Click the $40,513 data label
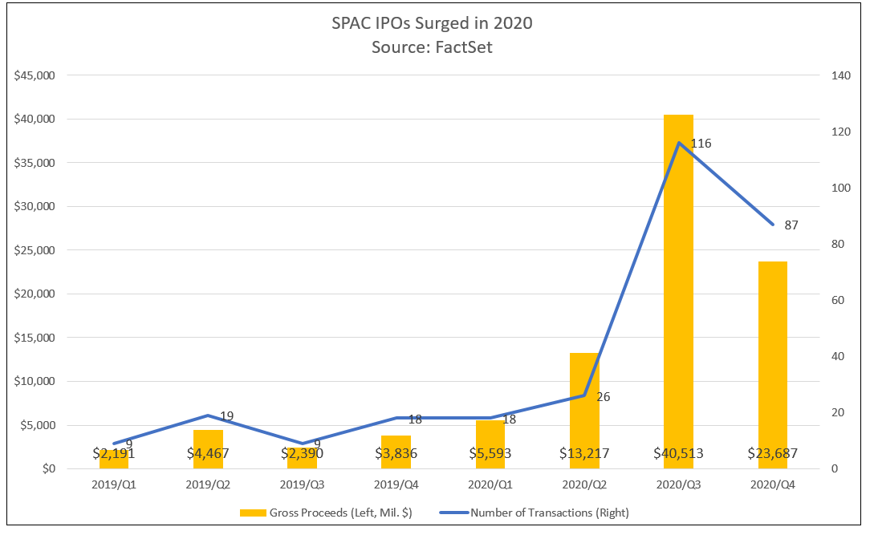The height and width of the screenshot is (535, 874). pyautogui.click(x=677, y=453)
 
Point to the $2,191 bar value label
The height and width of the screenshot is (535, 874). pyautogui.click(x=113, y=453)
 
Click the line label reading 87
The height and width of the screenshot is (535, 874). pyautogui.click(x=791, y=225)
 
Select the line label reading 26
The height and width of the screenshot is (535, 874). pyautogui.click(x=604, y=396)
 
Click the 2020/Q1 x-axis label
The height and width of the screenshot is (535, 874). pyautogui.click(x=490, y=484)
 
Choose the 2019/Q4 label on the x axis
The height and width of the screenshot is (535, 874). pyautogui.click(x=396, y=484)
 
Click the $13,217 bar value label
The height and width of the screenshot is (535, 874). pyautogui.click(x=583, y=453)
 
